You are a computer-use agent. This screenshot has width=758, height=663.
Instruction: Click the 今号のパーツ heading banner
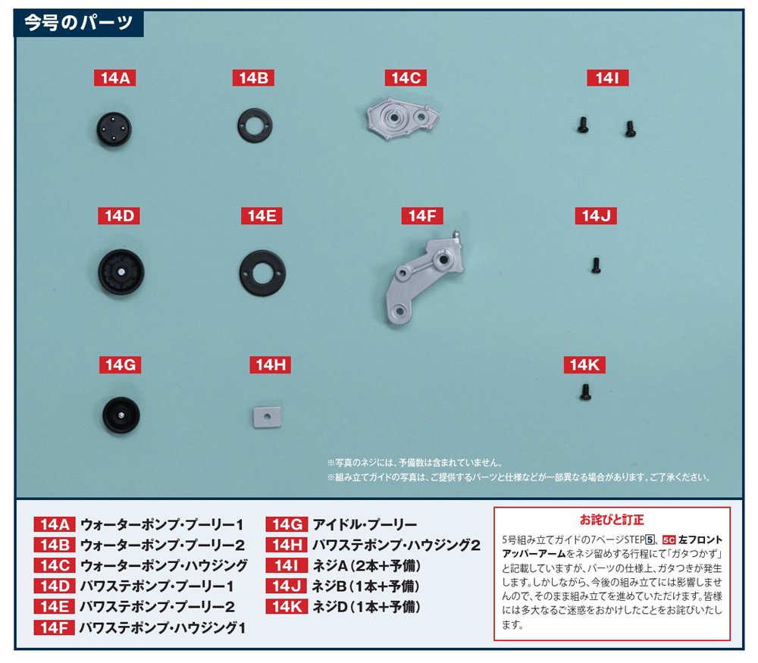point(78,23)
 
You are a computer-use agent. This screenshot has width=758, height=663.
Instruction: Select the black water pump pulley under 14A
point(114,129)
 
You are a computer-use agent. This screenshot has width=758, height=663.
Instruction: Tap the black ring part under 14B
point(255,126)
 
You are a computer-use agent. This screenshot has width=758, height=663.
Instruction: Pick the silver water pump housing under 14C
point(402,118)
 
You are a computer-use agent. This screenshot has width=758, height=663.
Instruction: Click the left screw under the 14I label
point(583,125)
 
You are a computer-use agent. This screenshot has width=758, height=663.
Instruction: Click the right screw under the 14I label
point(630,129)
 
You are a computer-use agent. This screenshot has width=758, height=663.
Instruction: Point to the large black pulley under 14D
point(121,272)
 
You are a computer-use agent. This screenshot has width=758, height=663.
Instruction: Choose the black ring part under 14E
point(262,273)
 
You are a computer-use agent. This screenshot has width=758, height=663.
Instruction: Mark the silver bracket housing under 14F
point(424,278)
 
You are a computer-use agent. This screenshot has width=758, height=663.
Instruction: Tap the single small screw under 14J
point(596,264)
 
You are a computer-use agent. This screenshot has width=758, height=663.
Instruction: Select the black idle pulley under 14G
point(121,415)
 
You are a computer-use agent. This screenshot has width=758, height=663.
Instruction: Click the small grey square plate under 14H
point(268,417)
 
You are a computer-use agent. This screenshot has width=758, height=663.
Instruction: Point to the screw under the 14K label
point(585,392)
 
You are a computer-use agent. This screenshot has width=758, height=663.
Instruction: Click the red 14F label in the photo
point(422,216)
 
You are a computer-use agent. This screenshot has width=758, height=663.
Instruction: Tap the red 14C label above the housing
point(406,78)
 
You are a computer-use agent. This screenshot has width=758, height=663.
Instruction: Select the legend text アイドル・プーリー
point(365,524)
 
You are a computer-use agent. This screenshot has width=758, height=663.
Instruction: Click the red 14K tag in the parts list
point(287,606)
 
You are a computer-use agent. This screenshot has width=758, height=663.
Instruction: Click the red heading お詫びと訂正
point(612,520)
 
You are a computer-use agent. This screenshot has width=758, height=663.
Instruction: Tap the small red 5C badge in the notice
point(669,539)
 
